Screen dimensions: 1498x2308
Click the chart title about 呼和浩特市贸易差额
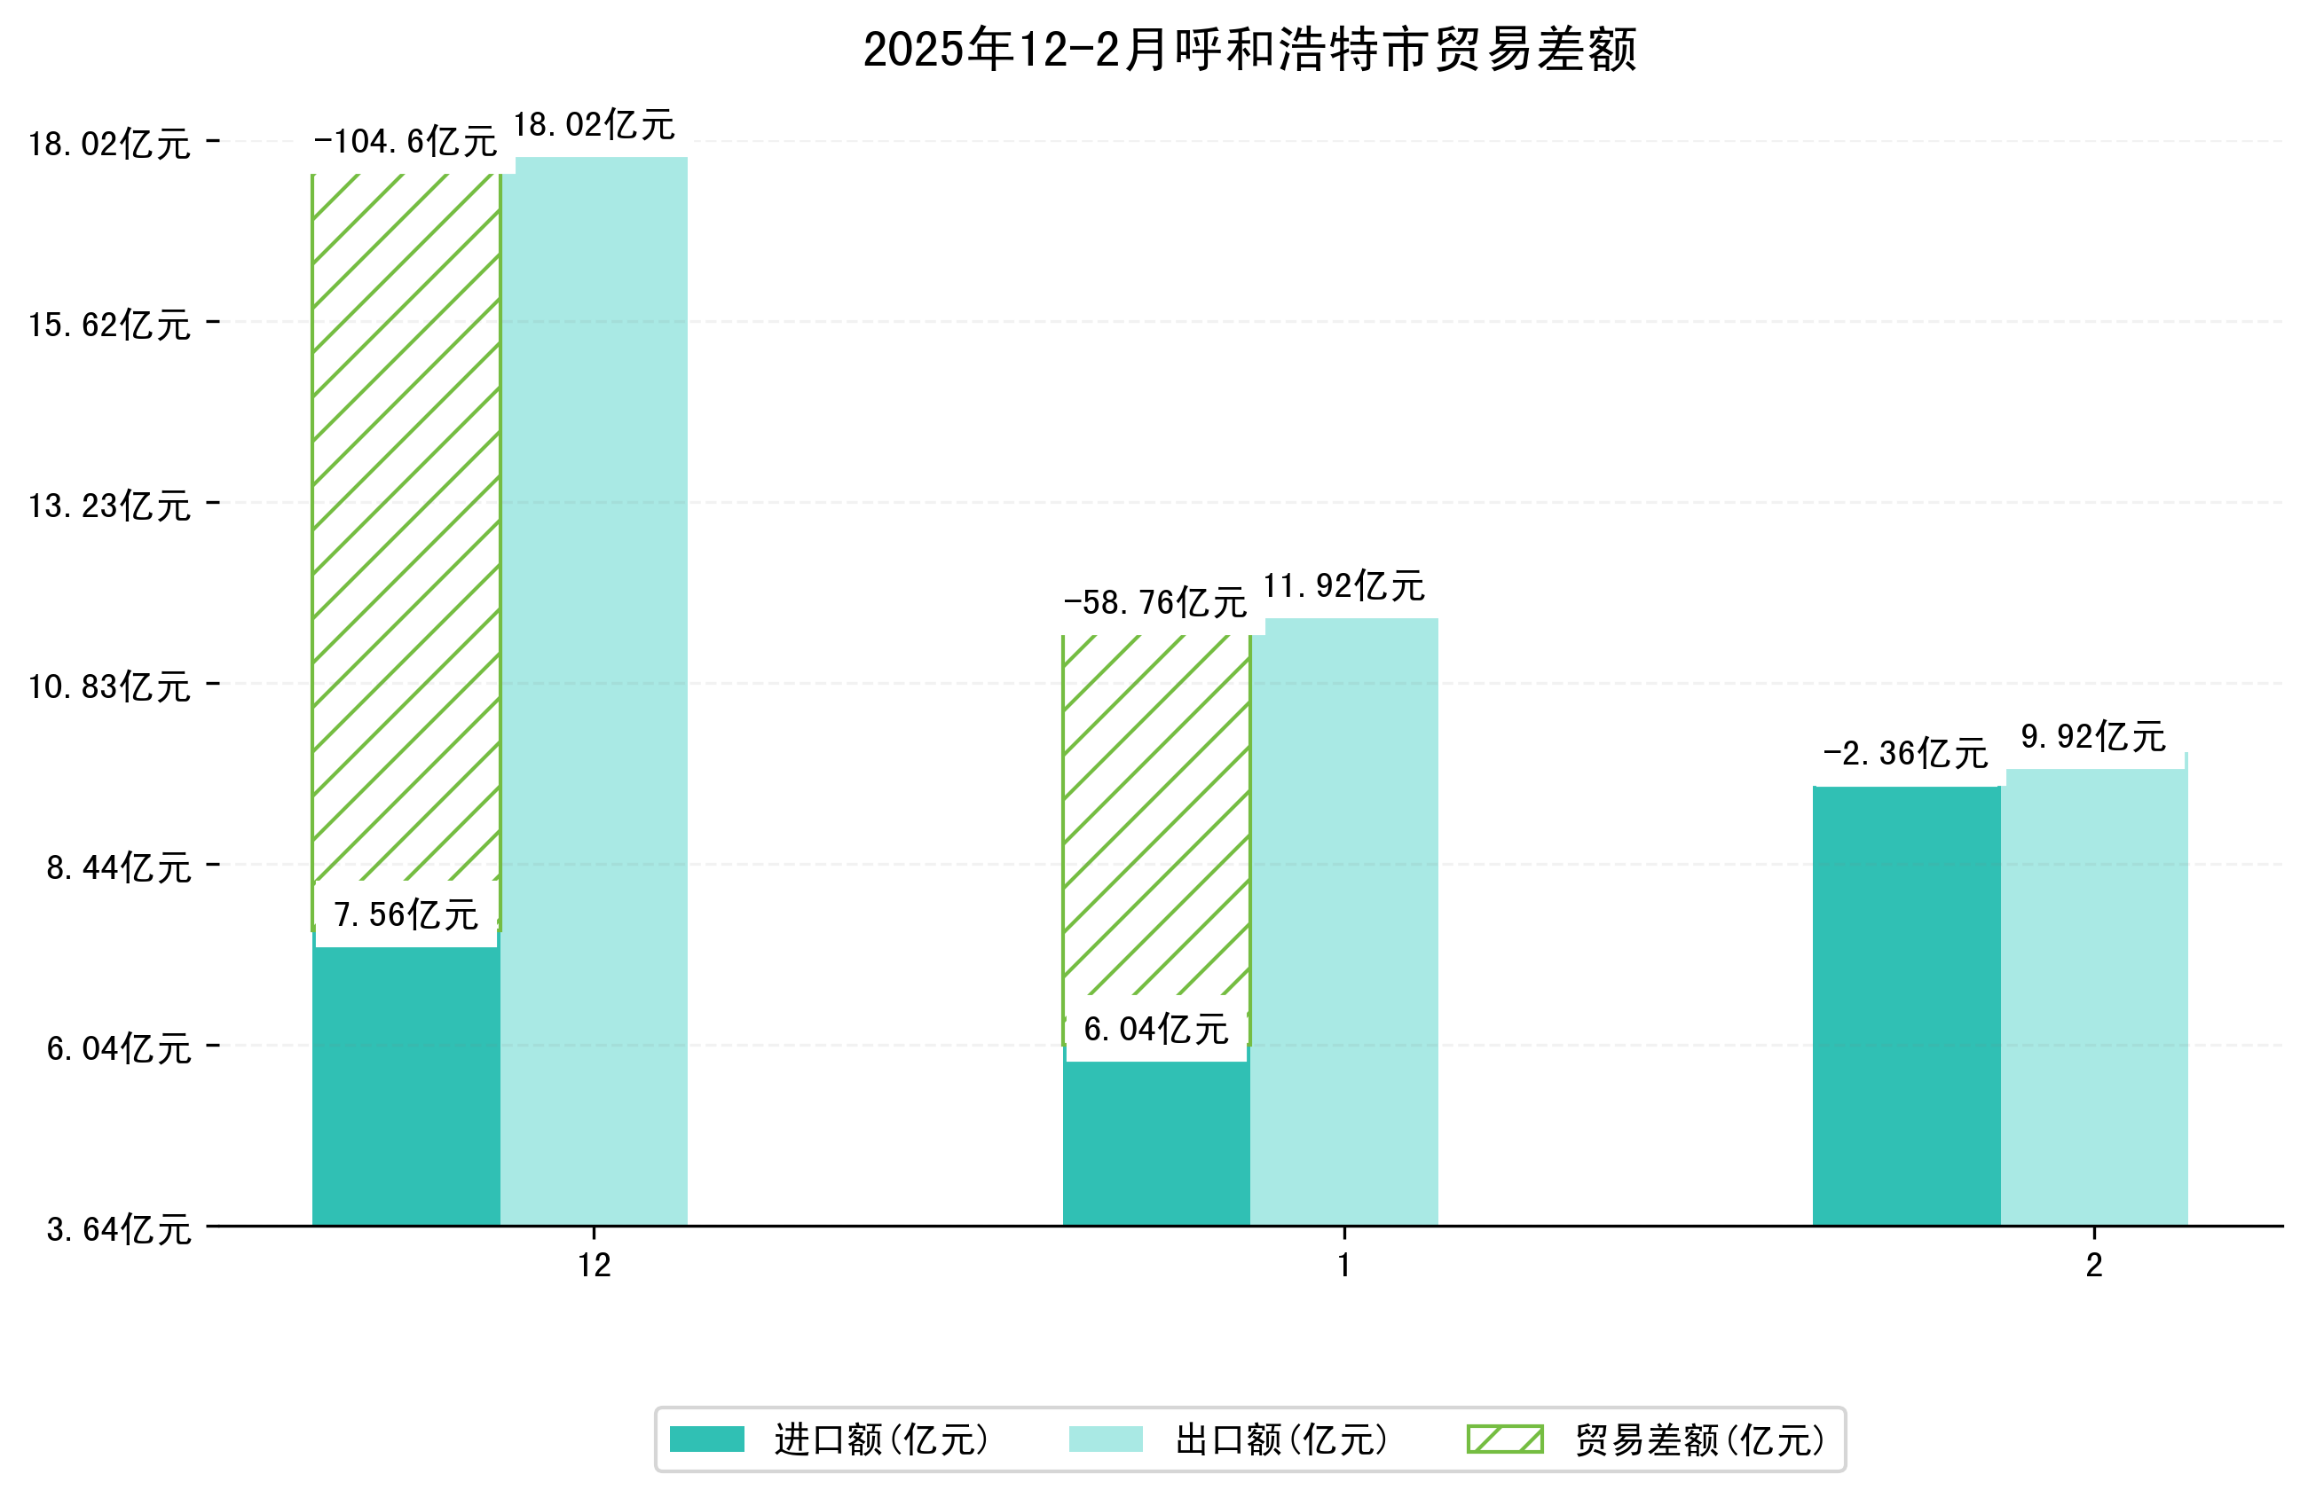click(x=1249, y=50)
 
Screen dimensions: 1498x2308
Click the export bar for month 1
click(x=1344, y=922)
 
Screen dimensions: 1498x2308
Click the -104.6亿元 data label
click(x=406, y=142)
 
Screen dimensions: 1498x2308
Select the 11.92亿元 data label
click(x=1344, y=585)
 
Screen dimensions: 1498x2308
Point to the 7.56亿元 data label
click(x=406, y=914)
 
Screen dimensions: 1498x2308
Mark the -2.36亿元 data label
click(x=1905, y=753)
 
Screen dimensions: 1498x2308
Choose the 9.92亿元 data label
click(x=2093, y=737)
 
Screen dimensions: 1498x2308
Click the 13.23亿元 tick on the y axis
click(x=109, y=506)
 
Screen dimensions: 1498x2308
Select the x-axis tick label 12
click(x=595, y=1266)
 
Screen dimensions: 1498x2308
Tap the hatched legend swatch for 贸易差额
click(x=1504, y=1439)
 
